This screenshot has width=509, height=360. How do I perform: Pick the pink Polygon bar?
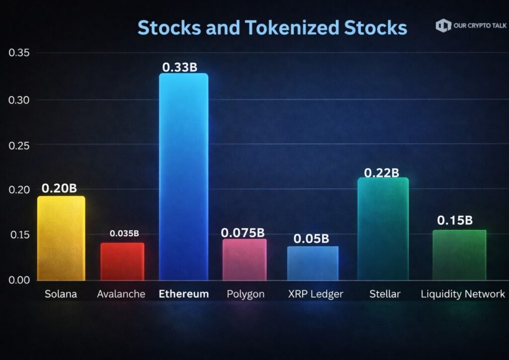[x=244, y=260]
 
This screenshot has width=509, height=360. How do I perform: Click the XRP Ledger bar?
[x=313, y=263]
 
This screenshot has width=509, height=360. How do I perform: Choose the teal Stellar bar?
[x=383, y=229]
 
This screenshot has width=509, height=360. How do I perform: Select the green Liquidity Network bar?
[x=459, y=255]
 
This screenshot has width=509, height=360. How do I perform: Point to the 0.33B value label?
[x=179, y=67]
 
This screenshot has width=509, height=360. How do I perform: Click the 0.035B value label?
[x=124, y=233]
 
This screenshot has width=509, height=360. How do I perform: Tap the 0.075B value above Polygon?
[x=243, y=232]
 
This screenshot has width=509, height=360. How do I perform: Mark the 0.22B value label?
[x=382, y=173]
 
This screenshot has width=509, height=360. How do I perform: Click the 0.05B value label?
[x=311, y=239]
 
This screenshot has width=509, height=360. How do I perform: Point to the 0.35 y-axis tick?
[x=19, y=53]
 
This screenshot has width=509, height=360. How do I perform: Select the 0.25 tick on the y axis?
[x=19, y=145]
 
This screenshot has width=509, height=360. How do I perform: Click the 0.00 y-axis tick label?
[x=19, y=279]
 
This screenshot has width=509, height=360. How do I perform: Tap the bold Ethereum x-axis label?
[x=183, y=294]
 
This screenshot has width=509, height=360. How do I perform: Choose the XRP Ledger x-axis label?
[x=315, y=294]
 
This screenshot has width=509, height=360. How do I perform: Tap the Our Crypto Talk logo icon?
[x=443, y=26]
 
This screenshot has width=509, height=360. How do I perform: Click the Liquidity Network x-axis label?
[x=463, y=294]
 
